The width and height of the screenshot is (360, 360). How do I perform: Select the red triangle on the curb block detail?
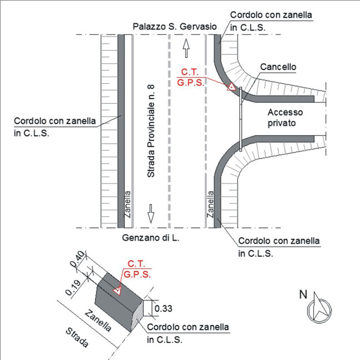coord(117,290)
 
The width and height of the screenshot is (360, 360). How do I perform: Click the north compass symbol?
coord(317,308)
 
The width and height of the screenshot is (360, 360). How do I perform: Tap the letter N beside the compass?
coord(303,295)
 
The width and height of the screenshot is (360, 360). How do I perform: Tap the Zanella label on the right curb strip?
coord(210,202)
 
